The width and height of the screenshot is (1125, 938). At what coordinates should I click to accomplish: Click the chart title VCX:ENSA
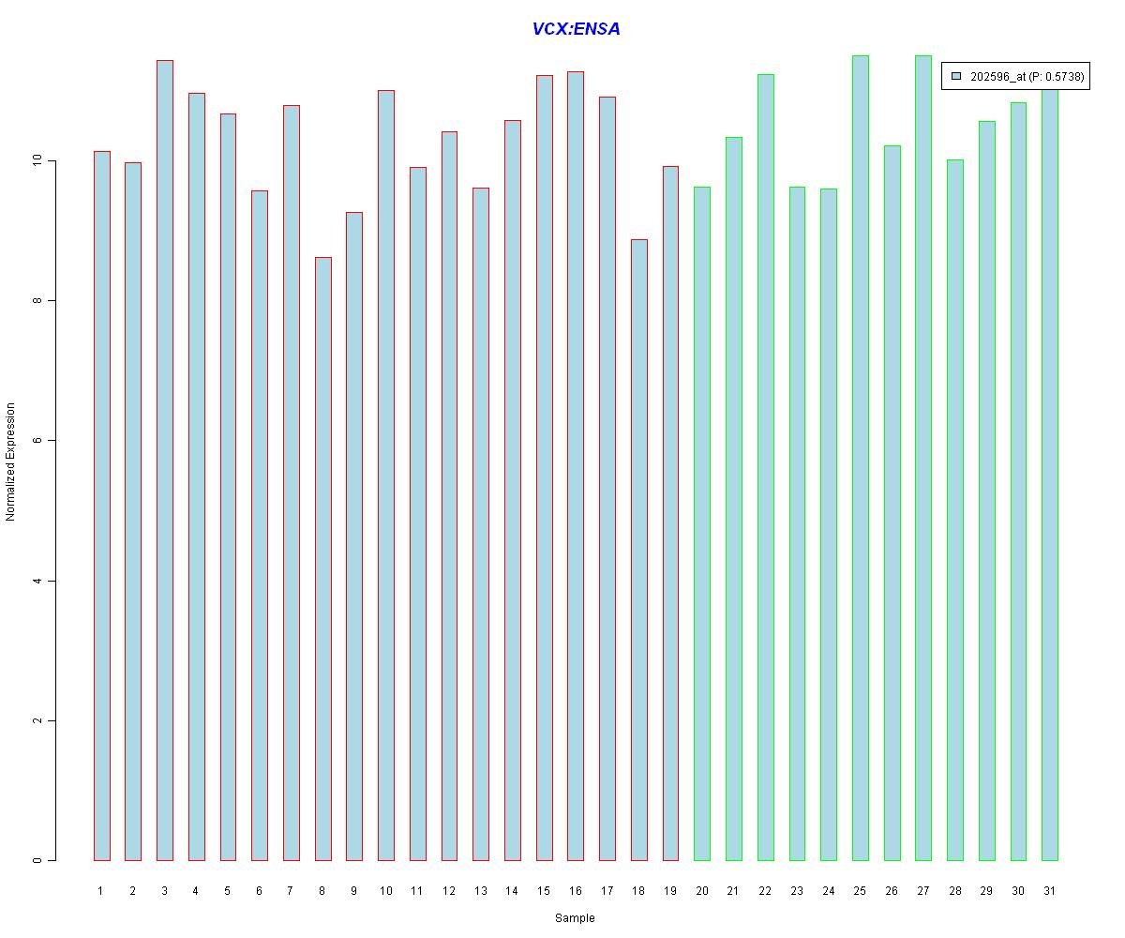tap(576, 29)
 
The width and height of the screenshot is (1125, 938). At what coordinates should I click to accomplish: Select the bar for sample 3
tap(164, 460)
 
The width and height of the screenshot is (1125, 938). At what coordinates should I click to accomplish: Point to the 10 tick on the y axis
tap(51, 161)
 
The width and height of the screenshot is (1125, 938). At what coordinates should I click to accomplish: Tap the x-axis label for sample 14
tap(512, 891)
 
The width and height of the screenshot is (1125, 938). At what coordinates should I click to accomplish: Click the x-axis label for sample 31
tap(1049, 891)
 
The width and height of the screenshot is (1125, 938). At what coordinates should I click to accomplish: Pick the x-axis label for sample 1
tap(100, 891)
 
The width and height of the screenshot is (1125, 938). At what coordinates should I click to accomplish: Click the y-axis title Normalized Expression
tap(11, 461)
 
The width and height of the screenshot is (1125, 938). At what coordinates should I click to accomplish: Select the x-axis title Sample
tap(575, 918)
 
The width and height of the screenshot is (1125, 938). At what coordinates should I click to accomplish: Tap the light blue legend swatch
tap(956, 76)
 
